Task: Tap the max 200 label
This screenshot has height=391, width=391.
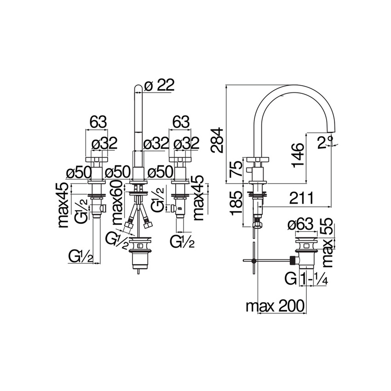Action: click(275, 306)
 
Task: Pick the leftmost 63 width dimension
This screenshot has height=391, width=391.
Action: click(98, 122)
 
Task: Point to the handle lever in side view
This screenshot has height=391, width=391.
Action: click(259, 160)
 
